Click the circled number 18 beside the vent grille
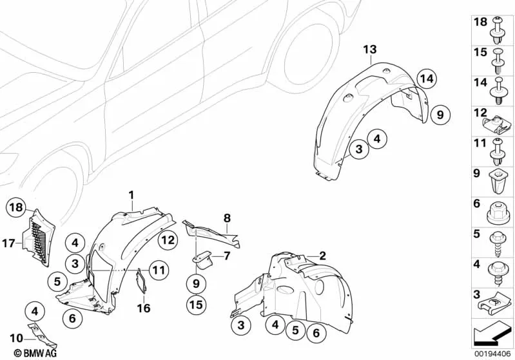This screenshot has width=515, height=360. click(16, 207)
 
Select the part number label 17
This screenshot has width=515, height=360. click(9, 243)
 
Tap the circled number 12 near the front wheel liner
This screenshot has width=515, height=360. click(167, 241)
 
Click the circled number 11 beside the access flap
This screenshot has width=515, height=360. click(159, 270)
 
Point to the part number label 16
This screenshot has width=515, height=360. click(144, 308)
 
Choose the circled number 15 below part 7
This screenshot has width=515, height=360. click(196, 305)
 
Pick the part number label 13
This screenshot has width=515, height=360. click(370, 50)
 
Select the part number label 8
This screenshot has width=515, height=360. click(227, 218)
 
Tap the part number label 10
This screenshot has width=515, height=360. click(16, 338)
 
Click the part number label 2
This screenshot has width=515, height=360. click(322, 255)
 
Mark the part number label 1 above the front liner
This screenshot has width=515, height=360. click(131, 195)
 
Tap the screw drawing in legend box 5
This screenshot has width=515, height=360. click(497, 244)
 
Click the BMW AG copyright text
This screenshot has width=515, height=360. click(36, 354)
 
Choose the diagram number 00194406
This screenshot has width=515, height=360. click(492, 354)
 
